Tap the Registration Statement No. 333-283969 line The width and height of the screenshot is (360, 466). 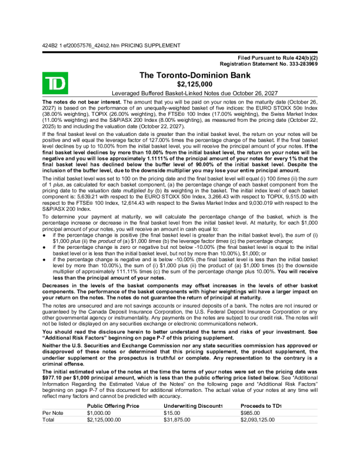click(269, 64)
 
